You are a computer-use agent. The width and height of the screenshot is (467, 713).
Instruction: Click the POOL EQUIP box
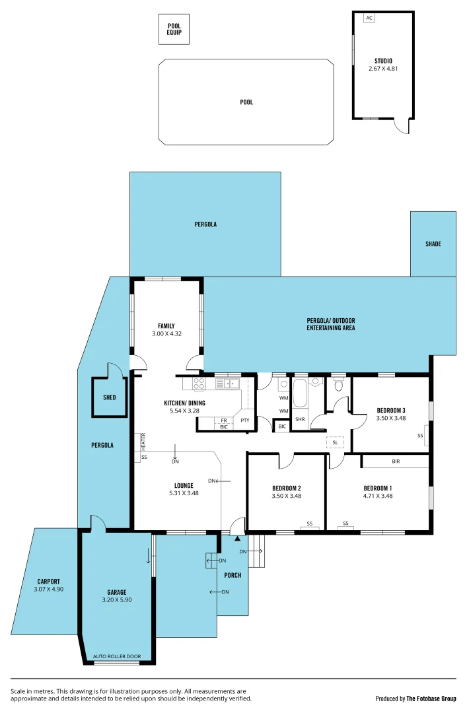[x=174, y=30]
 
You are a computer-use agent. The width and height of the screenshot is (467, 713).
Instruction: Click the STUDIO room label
[x=383, y=61]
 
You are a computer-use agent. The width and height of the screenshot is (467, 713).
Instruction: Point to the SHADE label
[x=433, y=244]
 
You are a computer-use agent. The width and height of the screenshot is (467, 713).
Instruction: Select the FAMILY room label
[x=166, y=325]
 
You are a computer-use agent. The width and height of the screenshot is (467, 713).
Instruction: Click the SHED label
[x=109, y=397]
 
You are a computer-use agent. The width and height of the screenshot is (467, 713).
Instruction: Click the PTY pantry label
[x=244, y=421]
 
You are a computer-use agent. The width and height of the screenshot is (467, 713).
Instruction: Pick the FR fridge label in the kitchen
[x=224, y=421]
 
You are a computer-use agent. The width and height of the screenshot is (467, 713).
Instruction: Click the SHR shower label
[x=300, y=419]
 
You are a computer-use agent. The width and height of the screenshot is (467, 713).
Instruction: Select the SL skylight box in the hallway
[x=335, y=442]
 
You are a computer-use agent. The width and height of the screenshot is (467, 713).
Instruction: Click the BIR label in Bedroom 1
[x=395, y=461]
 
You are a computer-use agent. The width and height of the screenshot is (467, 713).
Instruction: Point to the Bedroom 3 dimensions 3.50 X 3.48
[x=390, y=418]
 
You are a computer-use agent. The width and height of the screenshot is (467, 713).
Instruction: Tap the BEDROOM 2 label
[x=286, y=489]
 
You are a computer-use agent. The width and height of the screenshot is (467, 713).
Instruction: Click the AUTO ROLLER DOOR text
[x=117, y=657]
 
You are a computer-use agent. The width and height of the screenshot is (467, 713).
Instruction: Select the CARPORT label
[x=48, y=582]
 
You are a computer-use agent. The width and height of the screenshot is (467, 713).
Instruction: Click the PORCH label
[x=233, y=575]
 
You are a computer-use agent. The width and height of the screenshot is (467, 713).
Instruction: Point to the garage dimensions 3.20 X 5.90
[x=117, y=600]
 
